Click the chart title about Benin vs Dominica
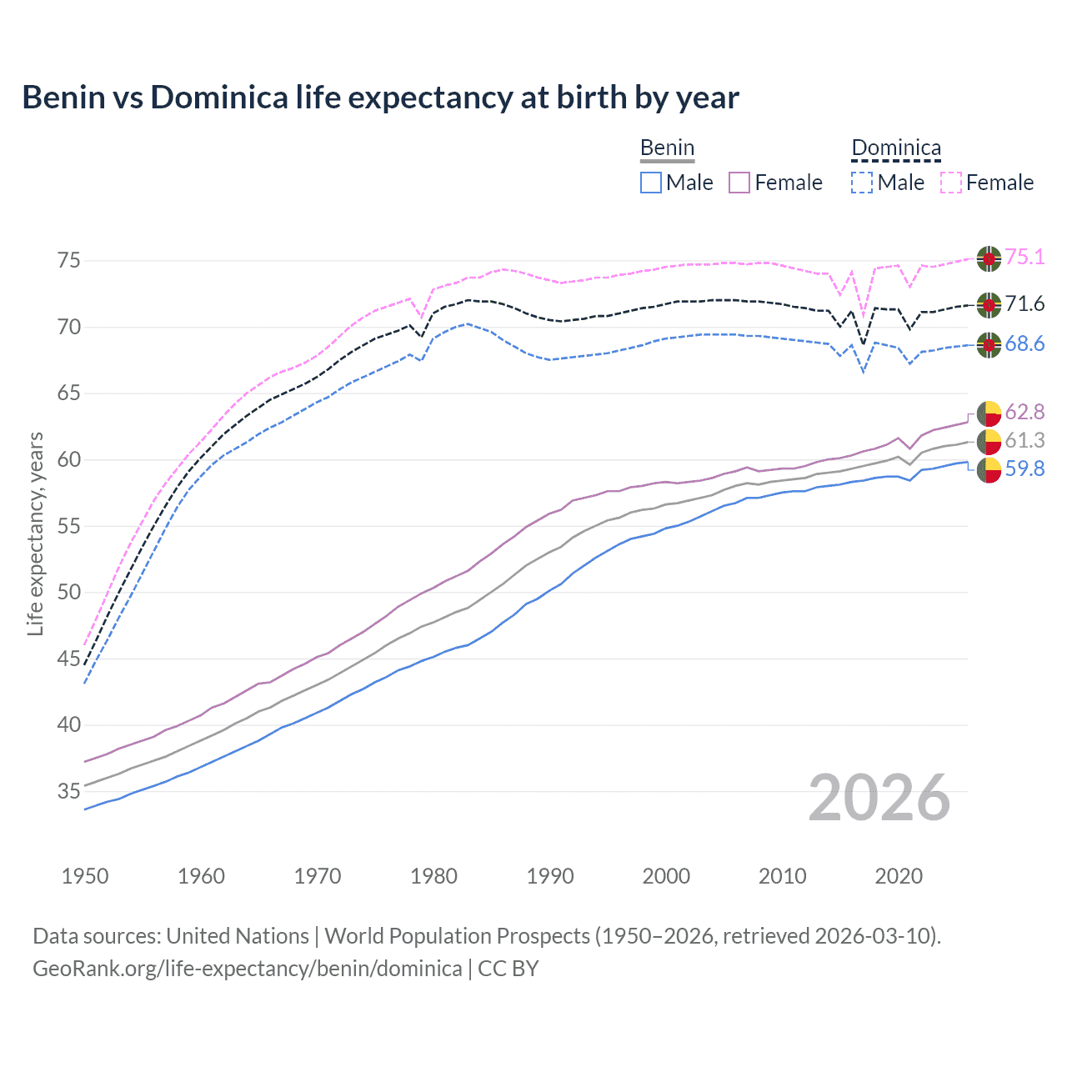pyautogui.click(x=380, y=98)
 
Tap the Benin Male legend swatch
pyautogui.click(x=651, y=183)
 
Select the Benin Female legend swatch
pyautogui.click(x=739, y=183)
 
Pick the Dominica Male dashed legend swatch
pyautogui.click(x=862, y=183)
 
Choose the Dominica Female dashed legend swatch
pyautogui.click(x=951, y=183)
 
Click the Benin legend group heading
pyautogui.click(x=667, y=148)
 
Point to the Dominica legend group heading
pyautogui.click(x=896, y=148)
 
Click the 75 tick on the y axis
pyautogui.click(x=69, y=261)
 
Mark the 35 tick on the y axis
pyautogui.click(x=69, y=791)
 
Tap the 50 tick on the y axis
pyautogui.click(x=69, y=593)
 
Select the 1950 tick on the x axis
pyautogui.click(x=85, y=876)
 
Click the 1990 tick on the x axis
pyautogui.click(x=550, y=876)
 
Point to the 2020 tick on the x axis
pyautogui.click(x=899, y=876)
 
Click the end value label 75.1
pyautogui.click(x=1024, y=258)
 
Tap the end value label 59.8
pyautogui.click(x=1024, y=469)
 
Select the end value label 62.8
pyautogui.click(x=1024, y=412)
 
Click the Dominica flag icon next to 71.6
pyautogui.click(x=989, y=305)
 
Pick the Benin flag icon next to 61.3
pyautogui.click(x=989, y=442)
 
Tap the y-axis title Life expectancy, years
pyautogui.click(x=35, y=533)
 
